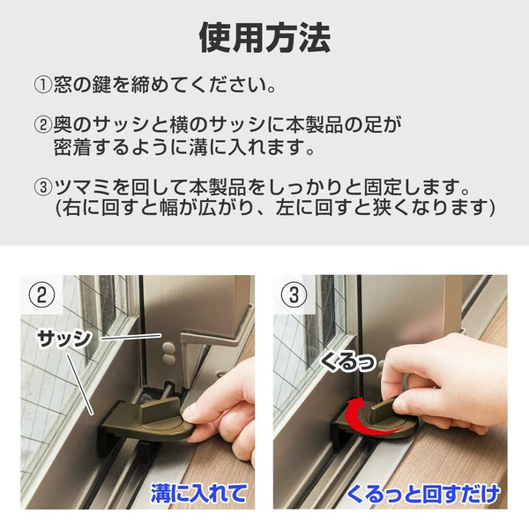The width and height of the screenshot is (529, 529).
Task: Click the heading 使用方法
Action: [264, 37]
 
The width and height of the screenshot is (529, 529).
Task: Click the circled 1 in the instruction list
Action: [43, 85]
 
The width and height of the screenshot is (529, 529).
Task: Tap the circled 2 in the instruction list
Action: [43, 125]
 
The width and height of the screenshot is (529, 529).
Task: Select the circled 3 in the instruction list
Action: [43, 187]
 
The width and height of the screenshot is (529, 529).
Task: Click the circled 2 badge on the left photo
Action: [41, 294]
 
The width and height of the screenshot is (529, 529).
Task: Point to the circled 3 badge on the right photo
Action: [294, 294]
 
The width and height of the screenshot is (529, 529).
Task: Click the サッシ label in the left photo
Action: [64, 339]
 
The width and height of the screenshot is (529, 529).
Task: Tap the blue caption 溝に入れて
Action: [198, 493]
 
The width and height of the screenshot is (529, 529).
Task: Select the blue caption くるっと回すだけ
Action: [422, 494]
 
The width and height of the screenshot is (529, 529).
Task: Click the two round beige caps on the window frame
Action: [168, 354]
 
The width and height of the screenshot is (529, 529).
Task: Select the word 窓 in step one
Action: [63, 85]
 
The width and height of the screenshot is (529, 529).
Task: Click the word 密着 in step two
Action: [72, 147]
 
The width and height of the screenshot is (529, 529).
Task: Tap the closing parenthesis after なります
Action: [492, 207]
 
